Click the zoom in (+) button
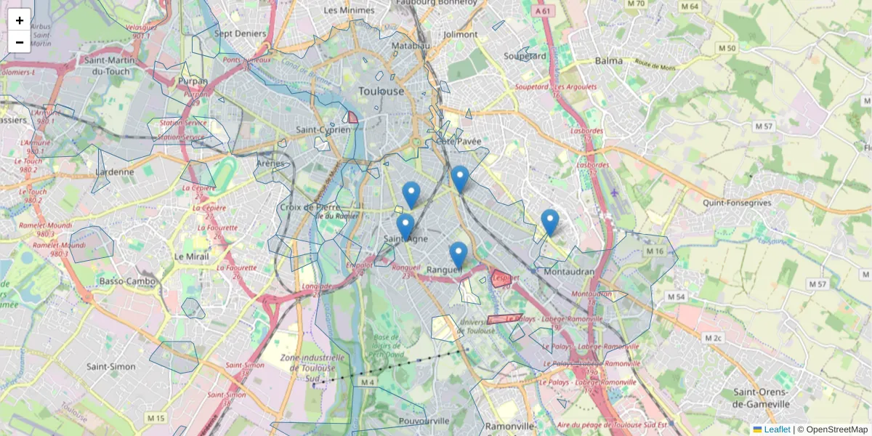pos(20,20)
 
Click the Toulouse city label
pos(381,92)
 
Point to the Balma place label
pos(609,61)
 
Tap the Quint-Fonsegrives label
pos(738,203)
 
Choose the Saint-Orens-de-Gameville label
pos(761,398)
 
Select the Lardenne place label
pos(115,172)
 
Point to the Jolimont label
pos(461,34)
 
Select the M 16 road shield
pos(655,251)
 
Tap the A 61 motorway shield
pos(542,12)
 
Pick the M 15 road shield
pos(156,418)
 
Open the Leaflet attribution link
pos(776,429)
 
